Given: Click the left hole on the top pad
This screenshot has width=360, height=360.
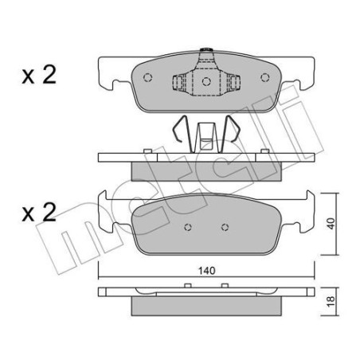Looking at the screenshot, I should [147, 78].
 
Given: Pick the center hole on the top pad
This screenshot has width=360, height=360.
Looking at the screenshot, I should [205, 81].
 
